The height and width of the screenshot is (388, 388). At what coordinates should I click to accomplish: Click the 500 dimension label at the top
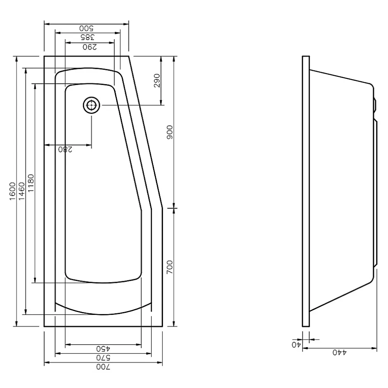86,28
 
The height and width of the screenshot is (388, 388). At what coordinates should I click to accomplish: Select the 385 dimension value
88,38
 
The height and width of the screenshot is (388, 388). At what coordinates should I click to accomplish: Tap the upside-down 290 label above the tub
90,47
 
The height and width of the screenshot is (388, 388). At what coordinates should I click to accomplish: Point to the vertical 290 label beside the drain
157,80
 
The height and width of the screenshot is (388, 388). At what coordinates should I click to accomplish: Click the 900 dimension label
170,132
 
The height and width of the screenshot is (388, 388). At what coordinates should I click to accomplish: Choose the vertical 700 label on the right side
170,267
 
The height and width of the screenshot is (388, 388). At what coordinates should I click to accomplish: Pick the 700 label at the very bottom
103,367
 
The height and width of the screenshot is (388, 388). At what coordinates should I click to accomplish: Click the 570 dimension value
103,358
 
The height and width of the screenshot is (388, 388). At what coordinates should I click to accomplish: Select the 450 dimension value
103,349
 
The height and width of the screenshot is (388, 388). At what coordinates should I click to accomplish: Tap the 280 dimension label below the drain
65,149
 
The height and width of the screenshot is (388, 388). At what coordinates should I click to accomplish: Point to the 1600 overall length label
13,191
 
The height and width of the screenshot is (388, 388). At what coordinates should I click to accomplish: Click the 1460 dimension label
22,191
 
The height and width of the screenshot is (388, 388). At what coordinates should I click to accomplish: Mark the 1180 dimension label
31,183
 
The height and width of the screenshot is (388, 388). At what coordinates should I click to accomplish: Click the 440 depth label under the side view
339,353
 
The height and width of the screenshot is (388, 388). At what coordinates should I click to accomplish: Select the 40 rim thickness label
296,344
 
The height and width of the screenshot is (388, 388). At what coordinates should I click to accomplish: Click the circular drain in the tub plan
92,105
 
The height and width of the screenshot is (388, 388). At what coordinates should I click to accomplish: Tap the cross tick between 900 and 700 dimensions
174,208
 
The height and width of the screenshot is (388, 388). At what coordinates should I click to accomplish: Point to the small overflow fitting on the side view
375,104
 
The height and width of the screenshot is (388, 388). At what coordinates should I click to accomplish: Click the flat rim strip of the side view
306,191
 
